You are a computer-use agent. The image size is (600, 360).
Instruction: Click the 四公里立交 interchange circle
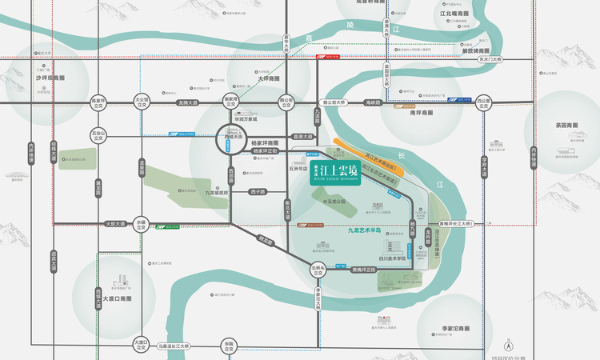tap(483, 102)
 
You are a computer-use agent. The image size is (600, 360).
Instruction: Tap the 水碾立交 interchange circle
tap(142, 224)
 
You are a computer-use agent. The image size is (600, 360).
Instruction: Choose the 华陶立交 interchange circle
tap(229, 346)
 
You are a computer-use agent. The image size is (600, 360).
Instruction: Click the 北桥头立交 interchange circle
tap(318, 270)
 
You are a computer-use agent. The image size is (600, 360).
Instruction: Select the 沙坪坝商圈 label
tap(50, 78)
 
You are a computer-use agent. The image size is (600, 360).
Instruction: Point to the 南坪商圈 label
tap(421, 114)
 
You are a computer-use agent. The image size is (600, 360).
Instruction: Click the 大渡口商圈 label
tap(117, 298)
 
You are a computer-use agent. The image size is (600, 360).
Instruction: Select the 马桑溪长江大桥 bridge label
tap(174, 346)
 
